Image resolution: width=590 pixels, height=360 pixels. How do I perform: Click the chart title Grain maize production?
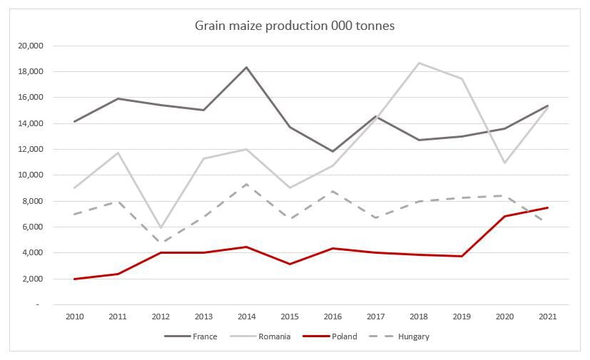click(295, 26)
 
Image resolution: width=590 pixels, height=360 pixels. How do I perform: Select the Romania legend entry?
click(275, 336)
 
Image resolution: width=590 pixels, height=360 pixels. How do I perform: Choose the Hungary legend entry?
click(413, 336)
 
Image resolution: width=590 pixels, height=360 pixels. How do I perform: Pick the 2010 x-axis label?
click(73, 316)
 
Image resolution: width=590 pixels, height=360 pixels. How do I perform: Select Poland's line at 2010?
click(73, 279)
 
